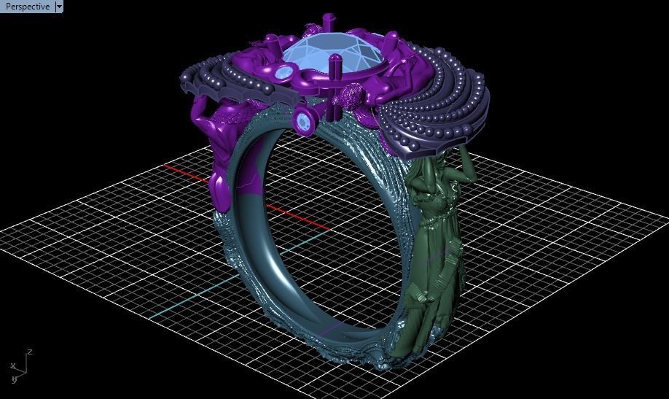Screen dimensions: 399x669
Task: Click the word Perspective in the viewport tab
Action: coord(28,7)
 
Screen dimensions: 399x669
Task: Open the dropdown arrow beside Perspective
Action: coord(60,7)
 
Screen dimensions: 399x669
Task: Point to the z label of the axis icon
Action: coord(30,352)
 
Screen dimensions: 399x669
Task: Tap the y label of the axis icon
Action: coord(14,379)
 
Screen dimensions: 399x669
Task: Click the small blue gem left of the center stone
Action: coord(283,71)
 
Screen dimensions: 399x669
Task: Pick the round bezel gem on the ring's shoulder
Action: coord(305,122)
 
